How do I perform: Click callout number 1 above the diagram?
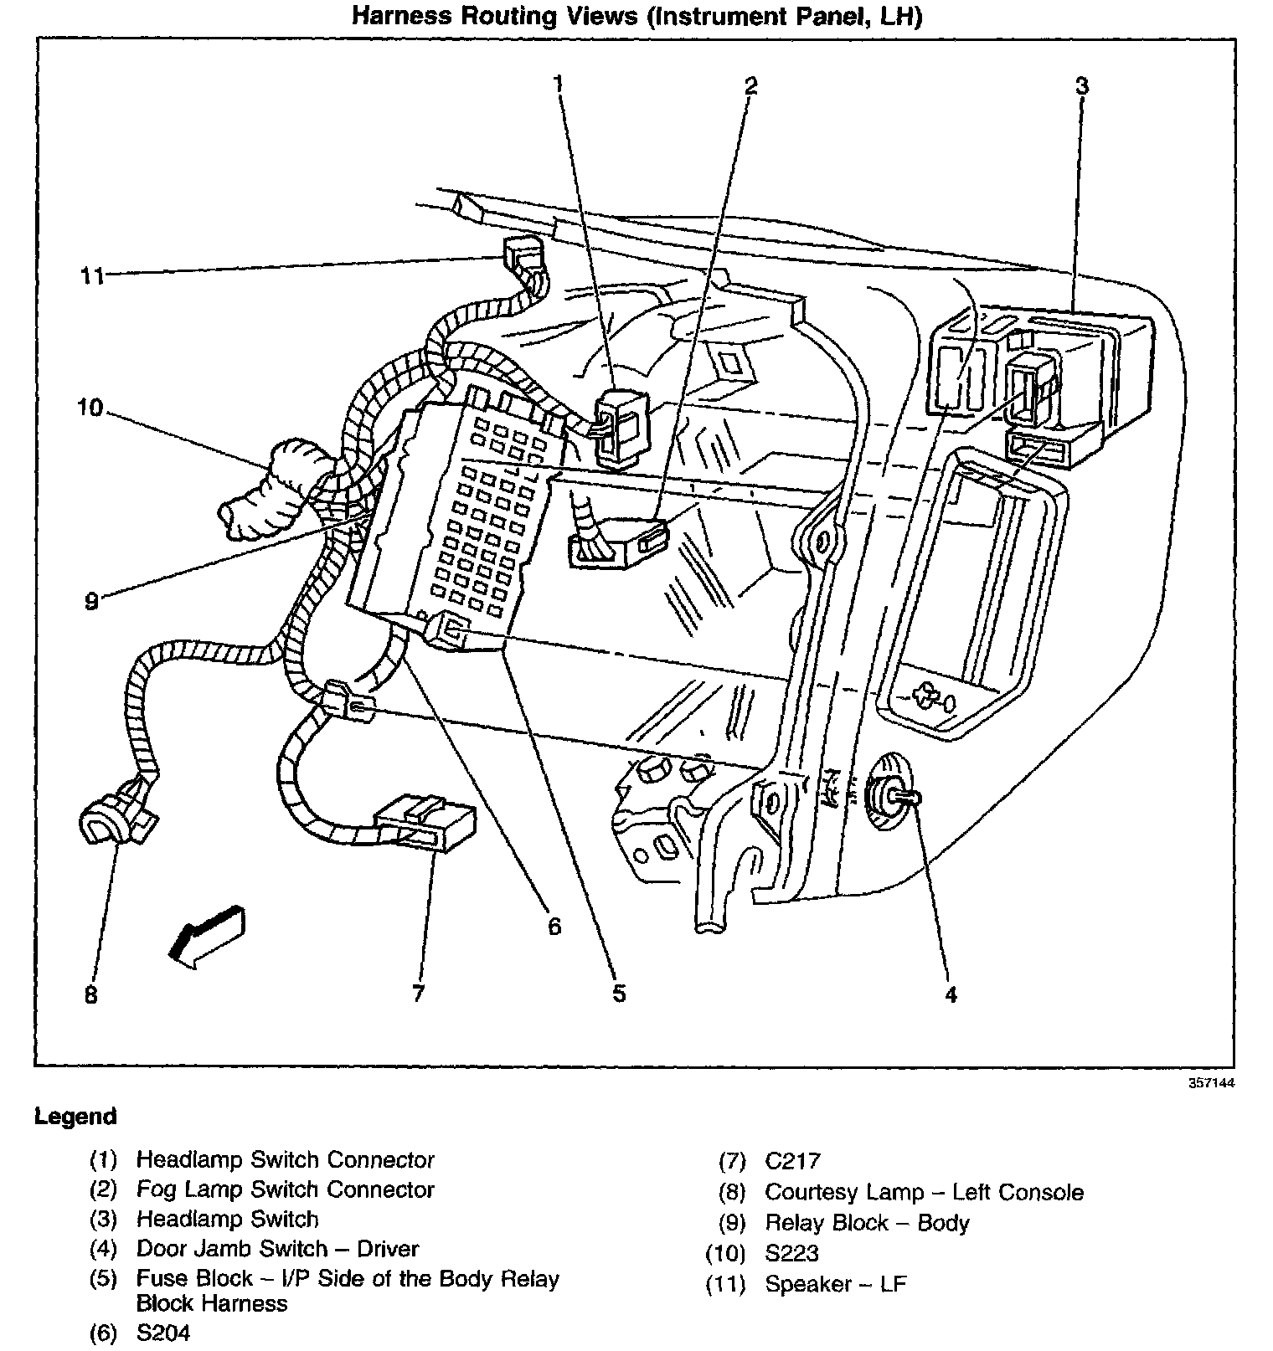click(x=559, y=83)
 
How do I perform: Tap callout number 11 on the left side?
click(x=92, y=275)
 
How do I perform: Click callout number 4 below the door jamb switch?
click(x=951, y=994)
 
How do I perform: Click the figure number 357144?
click(x=1211, y=1082)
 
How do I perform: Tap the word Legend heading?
click(x=75, y=1117)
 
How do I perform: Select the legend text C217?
click(x=792, y=1161)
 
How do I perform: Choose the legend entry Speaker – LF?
click(x=835, y=1284)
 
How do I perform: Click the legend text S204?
click(x=163, y=1333)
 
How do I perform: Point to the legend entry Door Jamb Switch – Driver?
click(x=277, y=1249)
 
